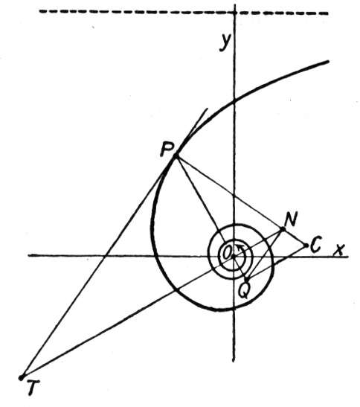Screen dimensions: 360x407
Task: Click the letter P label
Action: pos(167,150)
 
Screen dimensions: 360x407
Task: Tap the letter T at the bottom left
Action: pos(33,387)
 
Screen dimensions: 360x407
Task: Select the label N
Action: pos(291,219)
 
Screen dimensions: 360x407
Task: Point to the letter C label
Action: pos(316,244)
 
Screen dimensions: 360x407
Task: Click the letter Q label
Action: pos(244,291)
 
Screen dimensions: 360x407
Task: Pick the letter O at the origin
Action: pos(227,252)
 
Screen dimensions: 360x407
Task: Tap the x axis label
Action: pos(339,249)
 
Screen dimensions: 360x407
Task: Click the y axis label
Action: pos(225,43)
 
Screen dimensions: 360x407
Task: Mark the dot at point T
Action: pos(22,377)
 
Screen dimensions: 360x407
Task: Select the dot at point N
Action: pos(283,229)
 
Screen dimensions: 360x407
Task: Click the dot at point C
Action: pos(306,246)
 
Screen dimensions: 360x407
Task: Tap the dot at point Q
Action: pos(247,280)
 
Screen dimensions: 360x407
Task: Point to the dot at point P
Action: pos(176,156)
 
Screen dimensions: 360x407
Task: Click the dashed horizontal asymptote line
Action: pos(184,12)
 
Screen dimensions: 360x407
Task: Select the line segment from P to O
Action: pos(205,205)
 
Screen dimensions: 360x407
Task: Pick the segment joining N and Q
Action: pos(265,254)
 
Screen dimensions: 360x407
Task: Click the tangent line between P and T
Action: pos(98,266)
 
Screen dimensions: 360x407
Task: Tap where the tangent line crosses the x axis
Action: pos(104,257)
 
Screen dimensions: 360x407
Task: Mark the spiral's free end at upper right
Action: pos(328,62)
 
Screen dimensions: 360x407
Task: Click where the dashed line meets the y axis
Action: pos(234,13)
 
